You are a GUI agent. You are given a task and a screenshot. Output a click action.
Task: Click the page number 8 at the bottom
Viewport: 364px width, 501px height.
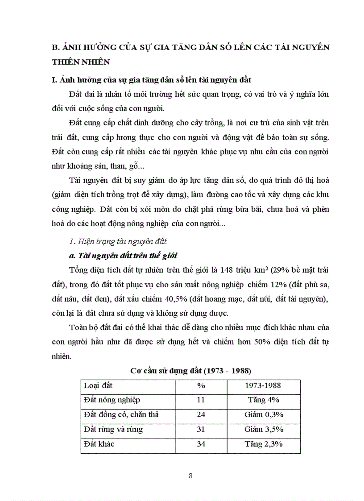190,476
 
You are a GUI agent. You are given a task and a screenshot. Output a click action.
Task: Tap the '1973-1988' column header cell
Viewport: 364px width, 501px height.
262,386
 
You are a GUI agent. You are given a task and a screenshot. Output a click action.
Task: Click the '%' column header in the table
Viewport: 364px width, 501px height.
200,386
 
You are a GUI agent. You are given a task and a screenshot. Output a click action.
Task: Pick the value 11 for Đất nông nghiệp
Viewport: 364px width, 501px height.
200,400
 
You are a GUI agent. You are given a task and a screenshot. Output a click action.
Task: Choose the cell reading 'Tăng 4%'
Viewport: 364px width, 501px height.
262,400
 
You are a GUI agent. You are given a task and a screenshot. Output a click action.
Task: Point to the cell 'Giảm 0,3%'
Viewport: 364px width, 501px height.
262,415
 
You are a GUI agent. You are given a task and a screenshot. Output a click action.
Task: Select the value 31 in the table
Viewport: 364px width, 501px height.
200,429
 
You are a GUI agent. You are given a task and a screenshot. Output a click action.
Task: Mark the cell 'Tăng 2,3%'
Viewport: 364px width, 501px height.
262,444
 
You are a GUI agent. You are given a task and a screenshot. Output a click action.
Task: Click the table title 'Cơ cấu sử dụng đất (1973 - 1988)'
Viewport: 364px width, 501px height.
190,371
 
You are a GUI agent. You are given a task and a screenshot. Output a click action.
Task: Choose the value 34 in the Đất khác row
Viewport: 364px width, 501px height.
200,444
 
